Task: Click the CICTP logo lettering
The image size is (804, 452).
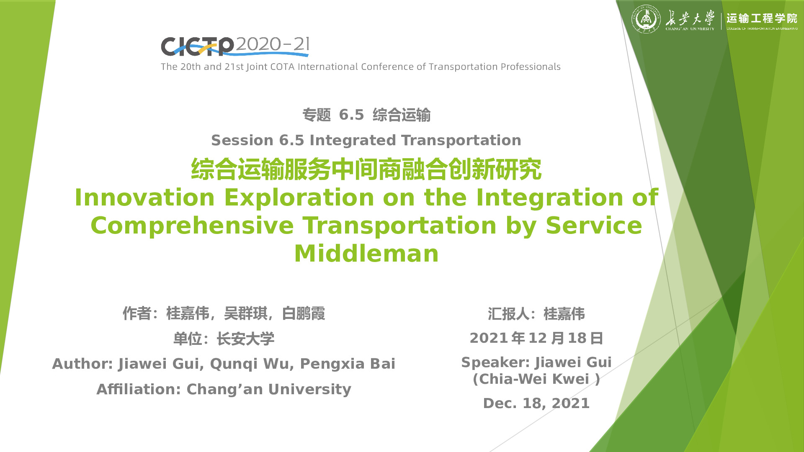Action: (x=197, y=46)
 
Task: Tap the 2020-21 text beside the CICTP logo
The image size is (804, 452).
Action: (x=272, y=44)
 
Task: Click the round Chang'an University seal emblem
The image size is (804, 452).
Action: (x=646, y=19)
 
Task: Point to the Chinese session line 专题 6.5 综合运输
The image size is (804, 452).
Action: (x=366, y=115)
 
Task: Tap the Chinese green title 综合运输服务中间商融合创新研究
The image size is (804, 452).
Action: (x=366, y=169)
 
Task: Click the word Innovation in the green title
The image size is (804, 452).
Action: (x=144, y=198)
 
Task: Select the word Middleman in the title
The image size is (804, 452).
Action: (x=366, y=254)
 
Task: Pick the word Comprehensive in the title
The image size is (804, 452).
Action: (x=192, y=226)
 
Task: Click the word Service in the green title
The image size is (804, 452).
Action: (x=594, y=226)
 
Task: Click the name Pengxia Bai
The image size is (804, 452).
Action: (x=348, y=364)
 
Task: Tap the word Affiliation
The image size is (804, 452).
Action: (x=139, y=389)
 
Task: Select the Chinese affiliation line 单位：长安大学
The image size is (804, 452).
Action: (x=224, y=339)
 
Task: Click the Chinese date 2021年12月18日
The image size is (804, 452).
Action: (x=536, y=338)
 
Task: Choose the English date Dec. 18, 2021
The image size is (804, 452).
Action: (x=536, y=403)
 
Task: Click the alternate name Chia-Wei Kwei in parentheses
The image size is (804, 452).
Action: (x=536, y=379)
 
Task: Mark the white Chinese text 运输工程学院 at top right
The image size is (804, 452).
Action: (x=762, y=18)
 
